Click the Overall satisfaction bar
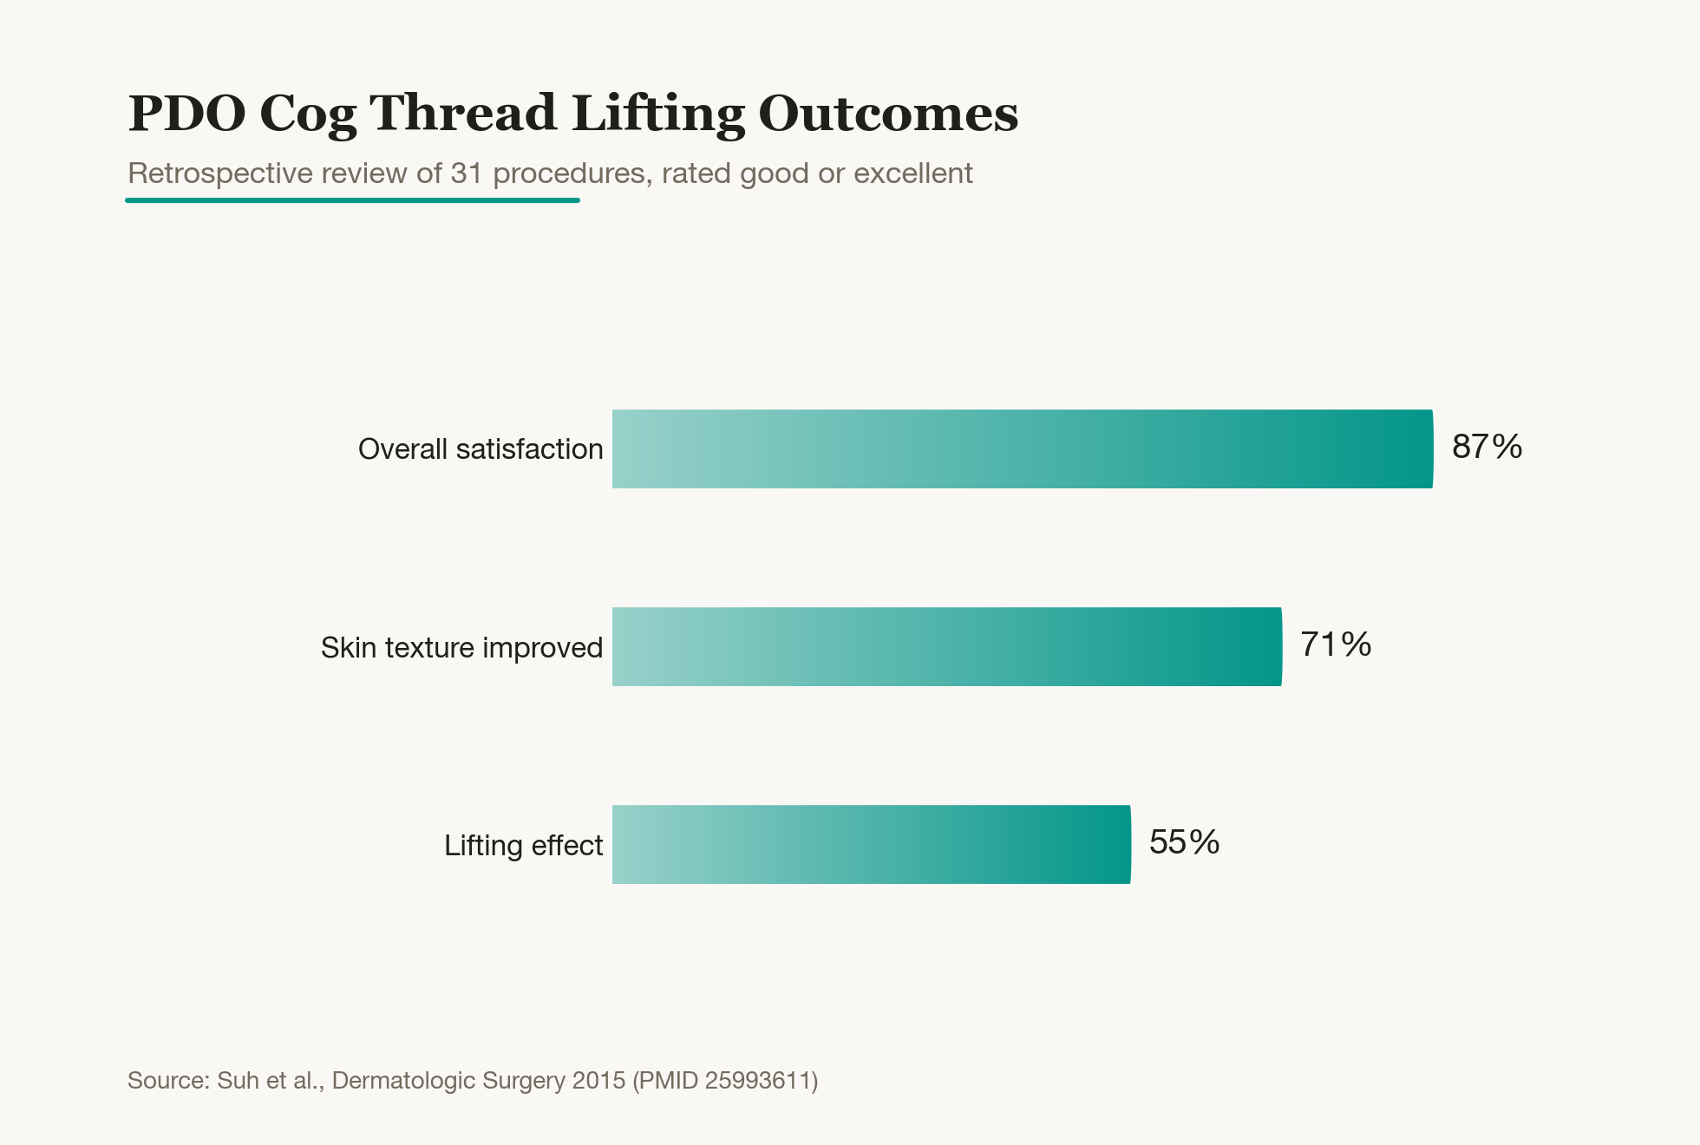click(x=1023, y=448)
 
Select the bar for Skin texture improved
click(x=947, y=646)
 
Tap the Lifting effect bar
click(x=872, y=844)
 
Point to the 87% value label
click(x=1487, y=447)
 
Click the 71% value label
click(x=1336, y=644)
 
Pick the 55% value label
click(x=1184, y=842)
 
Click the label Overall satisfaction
click(x=481, y=449)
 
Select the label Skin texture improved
click(x=461, y=648)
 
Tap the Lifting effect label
click(x=523, y=846)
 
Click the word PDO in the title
click(x=187, y=114)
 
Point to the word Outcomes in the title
click(x=888, y=114)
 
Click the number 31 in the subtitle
click(x=467, y=173)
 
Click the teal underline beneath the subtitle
click(x=352, y=200)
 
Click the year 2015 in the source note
click(x=598, y=1081)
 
